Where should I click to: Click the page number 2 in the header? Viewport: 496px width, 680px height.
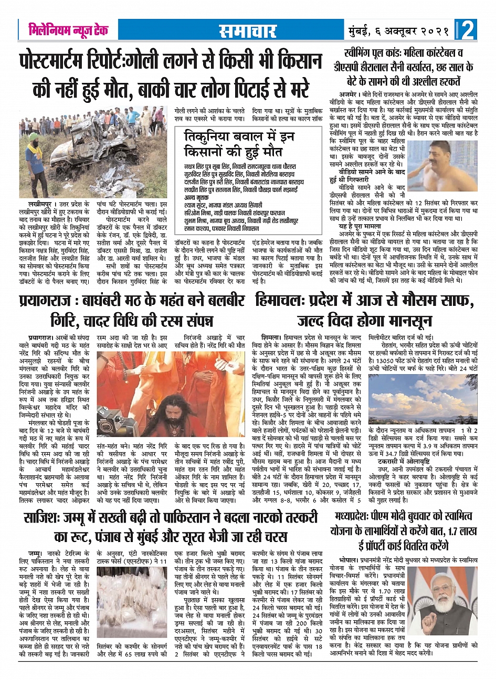(x=467, y=30)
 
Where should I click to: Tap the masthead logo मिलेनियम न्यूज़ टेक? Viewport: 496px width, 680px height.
(x=68, y=30)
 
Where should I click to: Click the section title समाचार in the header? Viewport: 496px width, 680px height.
(x=247, y=31)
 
